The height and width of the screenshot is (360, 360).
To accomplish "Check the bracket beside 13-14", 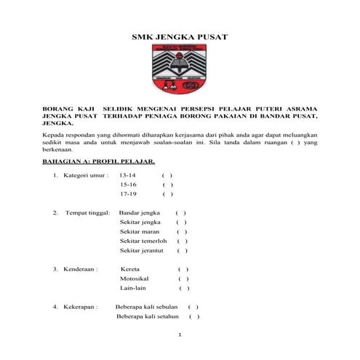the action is tap(167, 175).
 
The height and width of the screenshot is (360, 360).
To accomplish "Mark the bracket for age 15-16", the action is tap(167, 185).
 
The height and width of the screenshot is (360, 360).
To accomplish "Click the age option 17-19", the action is tap(129, 194).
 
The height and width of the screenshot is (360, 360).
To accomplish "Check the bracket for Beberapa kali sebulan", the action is tap(193, 307).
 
